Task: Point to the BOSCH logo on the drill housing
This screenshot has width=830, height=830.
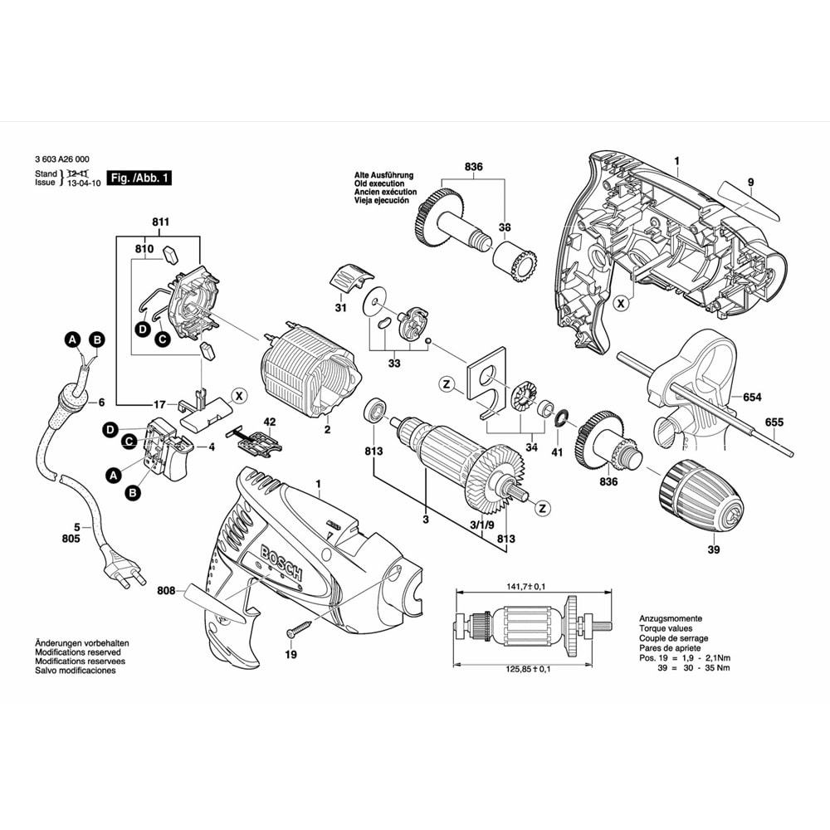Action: (x=282, y=565)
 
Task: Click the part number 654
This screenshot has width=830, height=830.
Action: (x=752, y=398)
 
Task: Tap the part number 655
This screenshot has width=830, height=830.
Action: (x=774, y=422)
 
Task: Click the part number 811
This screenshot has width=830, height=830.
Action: (x=160, y=222)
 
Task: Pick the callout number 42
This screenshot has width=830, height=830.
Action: (x=269, y=421)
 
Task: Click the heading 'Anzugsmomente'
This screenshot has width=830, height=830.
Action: (x=671, y=619)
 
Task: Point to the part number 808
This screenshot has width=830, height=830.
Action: (x=166, y=592)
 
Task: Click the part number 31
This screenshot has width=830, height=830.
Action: (x=339, y=308)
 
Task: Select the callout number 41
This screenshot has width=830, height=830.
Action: (x=558, y=452)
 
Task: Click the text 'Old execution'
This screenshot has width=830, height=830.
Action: (x=379, y=184)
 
